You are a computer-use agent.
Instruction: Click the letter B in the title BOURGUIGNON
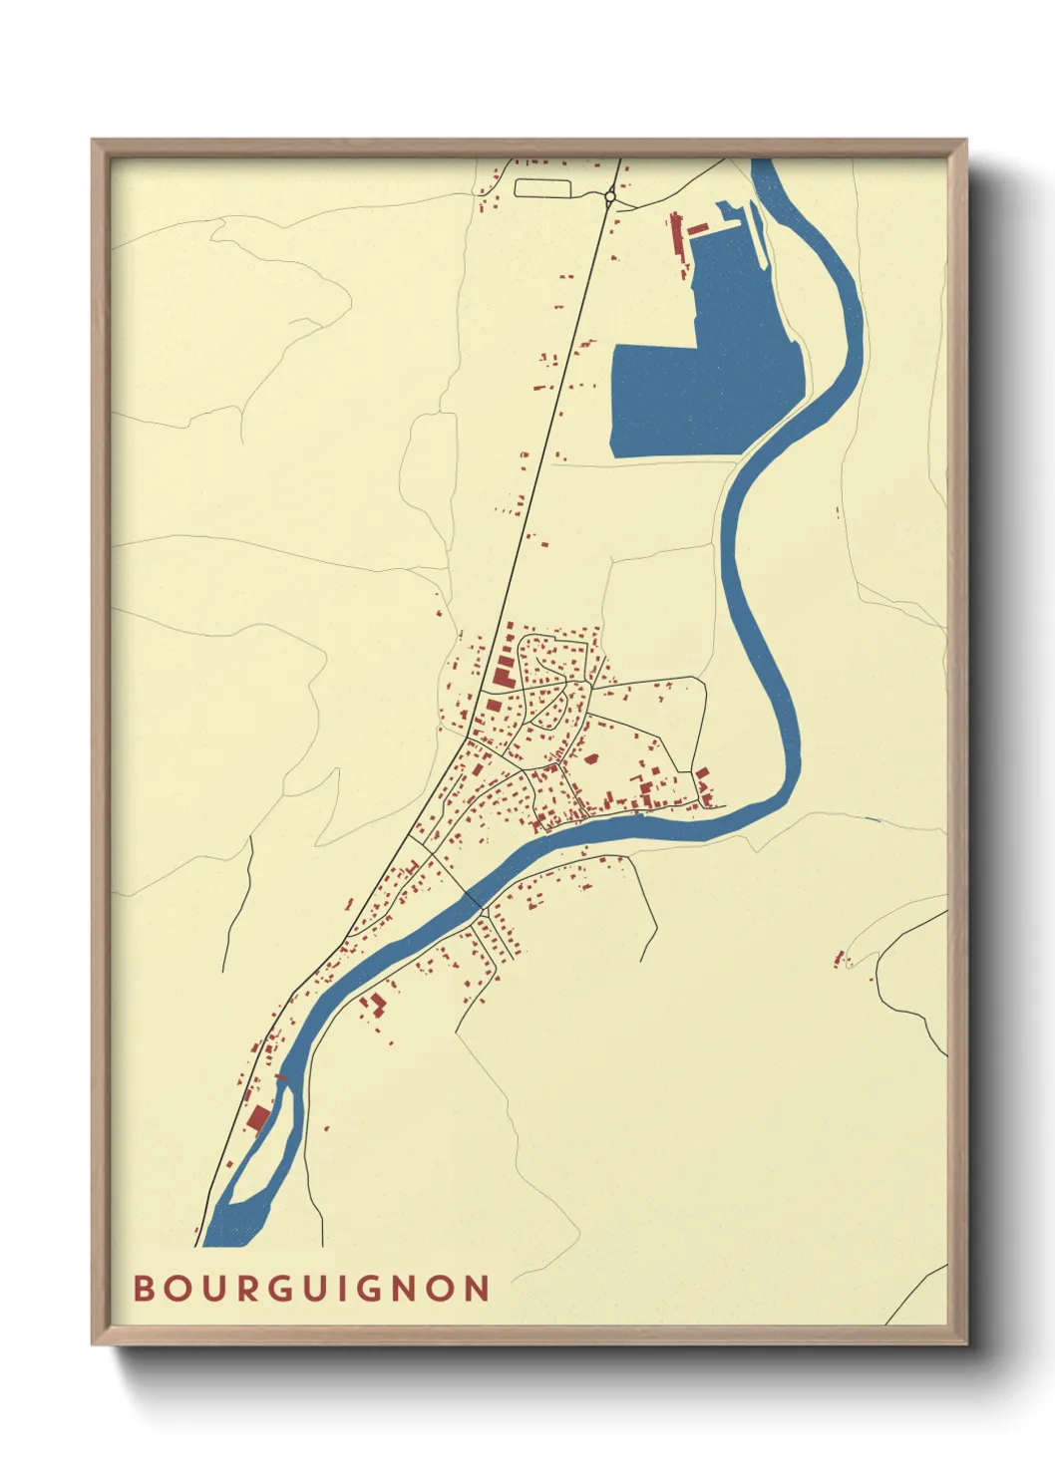pos(143,1288)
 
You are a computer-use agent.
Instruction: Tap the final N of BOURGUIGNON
pos(477,1288)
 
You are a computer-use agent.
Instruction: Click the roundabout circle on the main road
pos(609,197)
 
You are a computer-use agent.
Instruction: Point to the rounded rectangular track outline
pos(541,186)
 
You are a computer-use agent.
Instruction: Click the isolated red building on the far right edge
pos(839,959)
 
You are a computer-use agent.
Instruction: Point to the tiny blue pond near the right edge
pos(874,819)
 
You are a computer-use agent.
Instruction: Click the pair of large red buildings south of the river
pos(373,1004)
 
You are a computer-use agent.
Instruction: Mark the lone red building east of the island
pos(326,1128)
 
